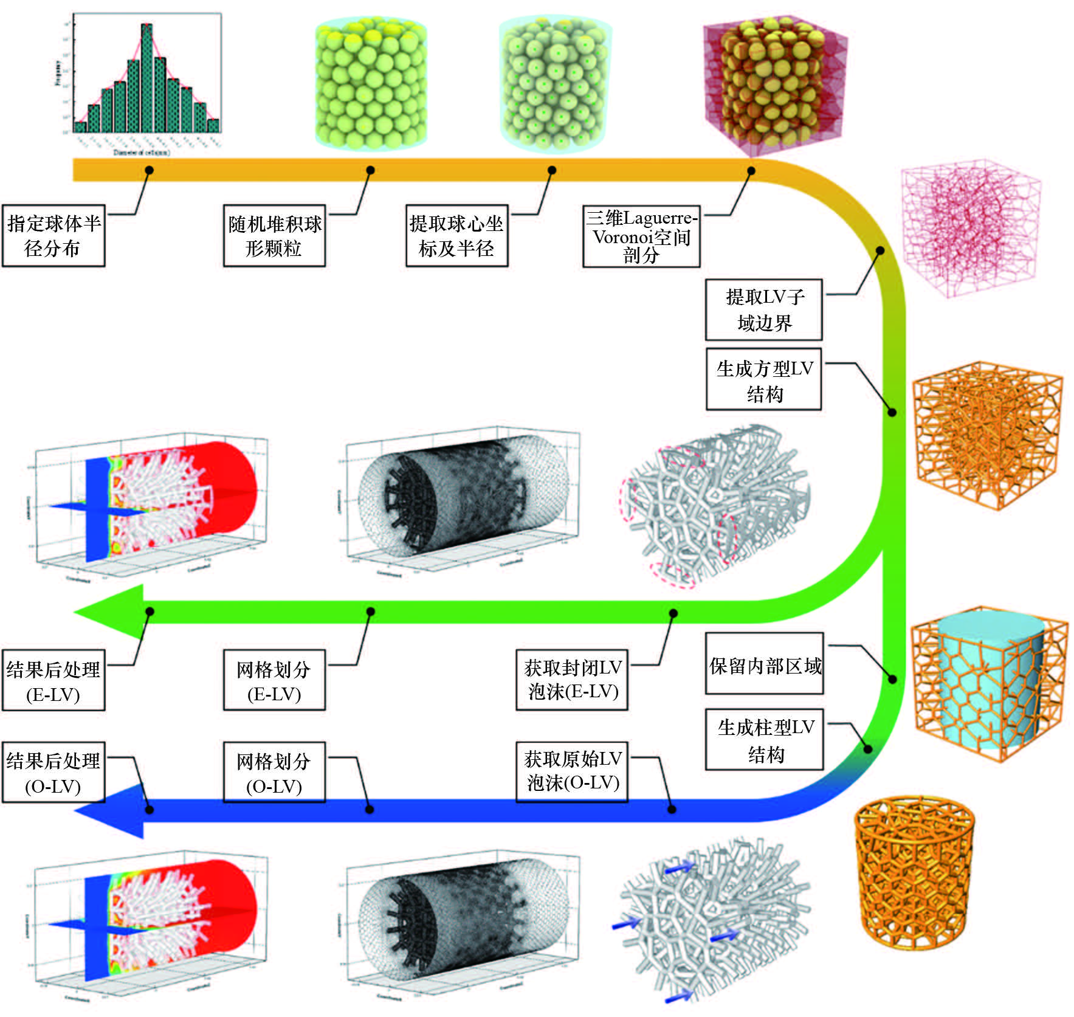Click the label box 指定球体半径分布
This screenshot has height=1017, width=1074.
[x=53, y=236]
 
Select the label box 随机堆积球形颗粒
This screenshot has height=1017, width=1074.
[x=274, y=236]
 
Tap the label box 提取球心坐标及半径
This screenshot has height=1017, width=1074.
[x=456, y=236]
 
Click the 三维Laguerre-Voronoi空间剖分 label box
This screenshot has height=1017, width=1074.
[x=641, y=236]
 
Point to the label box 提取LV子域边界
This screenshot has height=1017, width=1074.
[x=764, y=309]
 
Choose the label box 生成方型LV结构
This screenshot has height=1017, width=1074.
[x=764, y=379]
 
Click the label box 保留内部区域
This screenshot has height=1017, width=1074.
[x=764, y=664]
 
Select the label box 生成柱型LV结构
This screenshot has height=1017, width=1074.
[x=765, y=740]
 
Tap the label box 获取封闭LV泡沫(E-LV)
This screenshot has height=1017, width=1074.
[x=572, y=680]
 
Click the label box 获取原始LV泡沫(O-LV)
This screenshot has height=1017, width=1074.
[x=572, y=771]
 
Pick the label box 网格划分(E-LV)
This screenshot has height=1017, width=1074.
[x=274, y=680]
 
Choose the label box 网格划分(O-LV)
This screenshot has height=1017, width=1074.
[x=274, y=772]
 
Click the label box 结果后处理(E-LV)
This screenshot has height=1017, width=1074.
[x=53, y=680]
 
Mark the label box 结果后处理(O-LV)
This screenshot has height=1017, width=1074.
[x=53, y=772]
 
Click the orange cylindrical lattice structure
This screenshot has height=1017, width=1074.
[x=914, y=872]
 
